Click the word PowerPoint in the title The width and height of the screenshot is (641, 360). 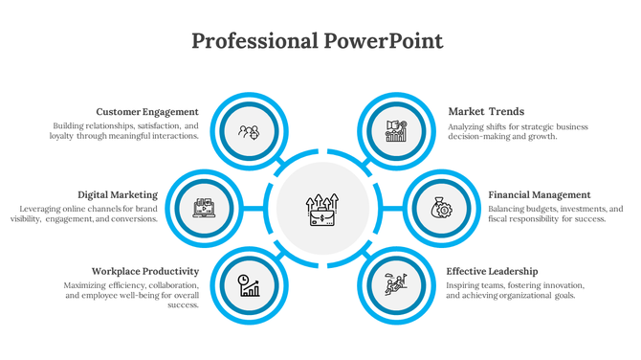click(x=382, y=41)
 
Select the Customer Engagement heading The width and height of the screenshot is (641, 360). click(x=147, y=111)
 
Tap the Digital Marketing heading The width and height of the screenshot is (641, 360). click(x=118, y=194)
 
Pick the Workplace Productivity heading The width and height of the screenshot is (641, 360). click(x=144, y=271)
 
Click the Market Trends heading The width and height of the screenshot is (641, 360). click(x=486, y=111)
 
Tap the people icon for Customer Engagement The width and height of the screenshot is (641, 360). click(x=249, y=131)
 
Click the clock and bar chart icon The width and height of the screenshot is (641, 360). click(x=249, y=284)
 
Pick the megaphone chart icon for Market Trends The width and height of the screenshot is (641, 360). click(x=396, y=131)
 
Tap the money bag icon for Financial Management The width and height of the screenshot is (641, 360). click(x=440, y=207)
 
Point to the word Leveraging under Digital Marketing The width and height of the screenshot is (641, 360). click(x=41, y=208)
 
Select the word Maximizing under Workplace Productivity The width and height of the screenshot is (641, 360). click(x=86, y=284)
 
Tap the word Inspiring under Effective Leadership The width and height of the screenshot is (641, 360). click(x=466, y=284)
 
